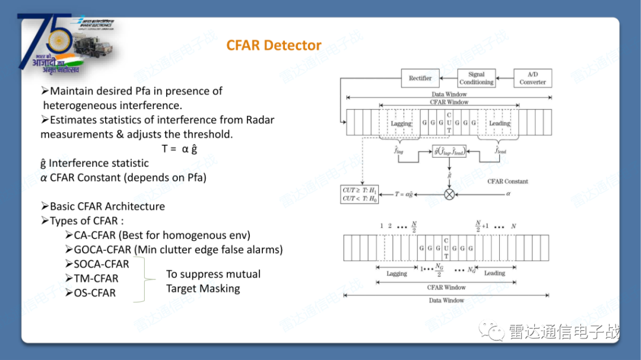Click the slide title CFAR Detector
(274, 46)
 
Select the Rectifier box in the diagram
(420, 78)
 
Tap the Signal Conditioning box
(476, 78)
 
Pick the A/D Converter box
(532, 78)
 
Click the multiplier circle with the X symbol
(449, 194)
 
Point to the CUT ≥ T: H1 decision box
(360, 194)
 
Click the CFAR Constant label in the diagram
(507, 181)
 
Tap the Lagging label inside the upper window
(401, 123)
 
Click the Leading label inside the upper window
(499, 123)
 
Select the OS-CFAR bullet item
(95, 293)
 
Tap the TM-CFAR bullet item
(96, 278)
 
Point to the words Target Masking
(203, 289)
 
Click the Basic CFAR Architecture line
(107, 206)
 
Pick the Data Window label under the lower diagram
(447, 301)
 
